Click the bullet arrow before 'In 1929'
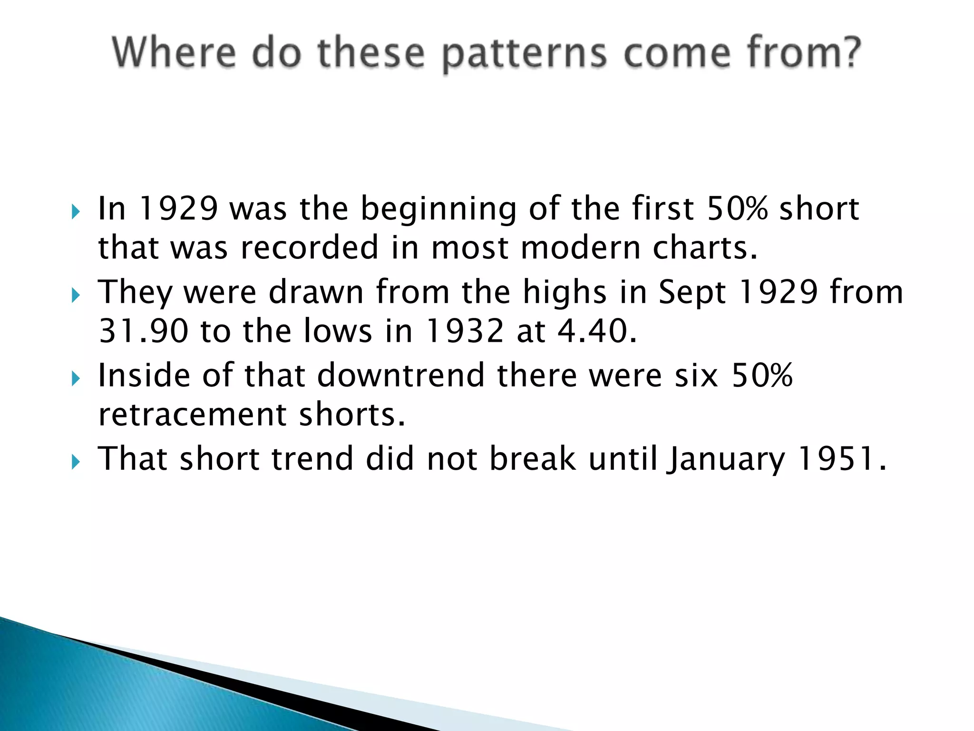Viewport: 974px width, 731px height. [x=76, y=211]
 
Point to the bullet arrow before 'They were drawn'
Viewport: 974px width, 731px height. [x=76, y=295]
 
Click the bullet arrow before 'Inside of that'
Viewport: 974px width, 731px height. [x=76, y=379]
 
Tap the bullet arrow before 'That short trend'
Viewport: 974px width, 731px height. [x=76, y=462]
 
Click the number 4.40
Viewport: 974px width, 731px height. [x=596, y=331]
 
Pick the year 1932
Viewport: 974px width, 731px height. [x=464, y=331]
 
